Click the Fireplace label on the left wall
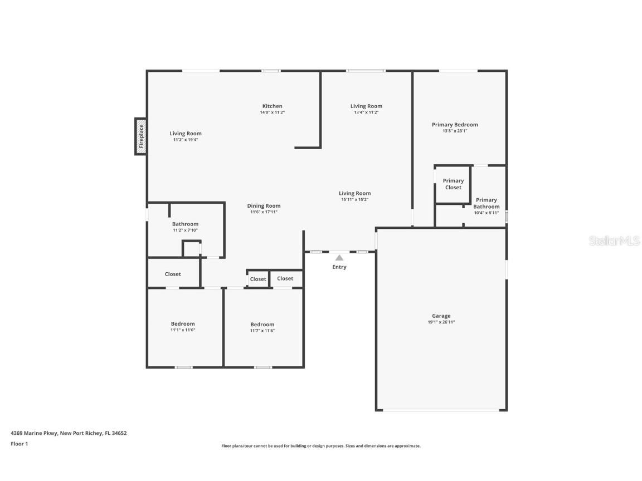(141, 136)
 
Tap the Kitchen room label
(272, 106)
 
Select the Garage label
(441, 316)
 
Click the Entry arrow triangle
(339, 257)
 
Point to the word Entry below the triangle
(339, 267)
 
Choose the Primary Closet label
(453, 184)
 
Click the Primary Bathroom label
(486, 203)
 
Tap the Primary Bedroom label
(455, 125)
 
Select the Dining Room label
(264, 206)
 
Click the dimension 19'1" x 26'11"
(441, 322)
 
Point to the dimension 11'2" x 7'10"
(185, 230)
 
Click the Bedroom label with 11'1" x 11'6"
(183, 324)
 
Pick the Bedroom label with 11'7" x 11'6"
(262, 325)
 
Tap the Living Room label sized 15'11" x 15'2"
(354, 194)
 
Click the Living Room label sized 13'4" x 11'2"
(366, 106)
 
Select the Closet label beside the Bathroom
(173, 274)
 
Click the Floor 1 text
(19, 444)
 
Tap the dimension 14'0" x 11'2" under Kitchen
(272, 112)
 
